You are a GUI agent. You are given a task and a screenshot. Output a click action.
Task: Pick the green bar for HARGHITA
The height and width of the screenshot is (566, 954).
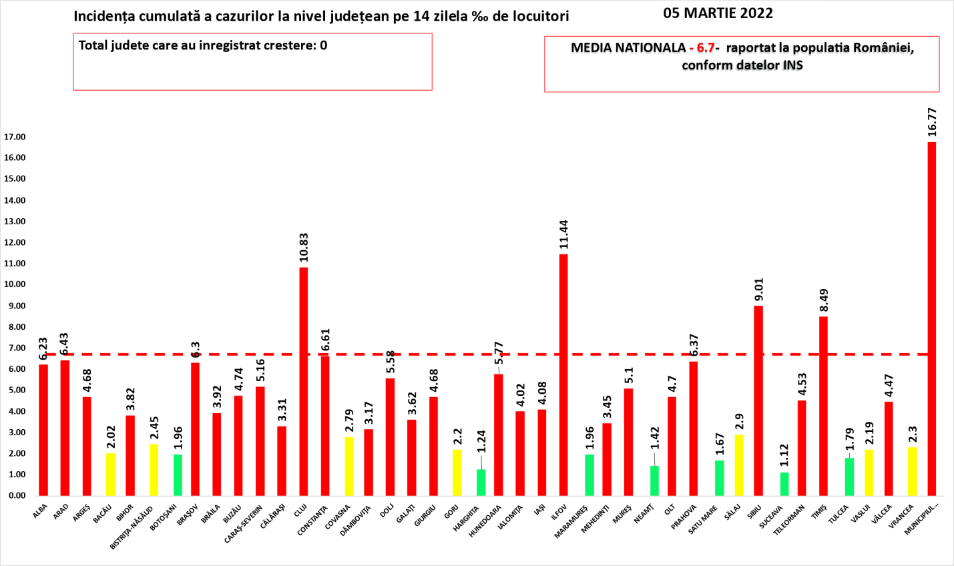[x=481, y=483]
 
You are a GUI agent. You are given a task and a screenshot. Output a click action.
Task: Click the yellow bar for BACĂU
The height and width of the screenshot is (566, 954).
[x=110, y=475]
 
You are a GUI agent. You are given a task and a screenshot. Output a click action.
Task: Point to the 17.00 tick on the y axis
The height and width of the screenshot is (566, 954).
[x=15, y=137]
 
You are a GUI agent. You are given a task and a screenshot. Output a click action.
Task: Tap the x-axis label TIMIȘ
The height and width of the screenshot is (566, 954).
[x=820, y=512]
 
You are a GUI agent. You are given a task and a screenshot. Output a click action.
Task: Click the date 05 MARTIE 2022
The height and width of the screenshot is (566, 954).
[x=718, y=13]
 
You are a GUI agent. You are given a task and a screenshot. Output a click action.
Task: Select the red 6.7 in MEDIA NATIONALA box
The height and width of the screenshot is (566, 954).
[x=705, y=48]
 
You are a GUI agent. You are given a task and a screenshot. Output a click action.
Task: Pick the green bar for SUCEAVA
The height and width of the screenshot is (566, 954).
[x=784, y=484]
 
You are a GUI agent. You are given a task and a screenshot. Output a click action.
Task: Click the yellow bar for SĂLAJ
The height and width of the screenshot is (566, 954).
[x=738, y=465]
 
